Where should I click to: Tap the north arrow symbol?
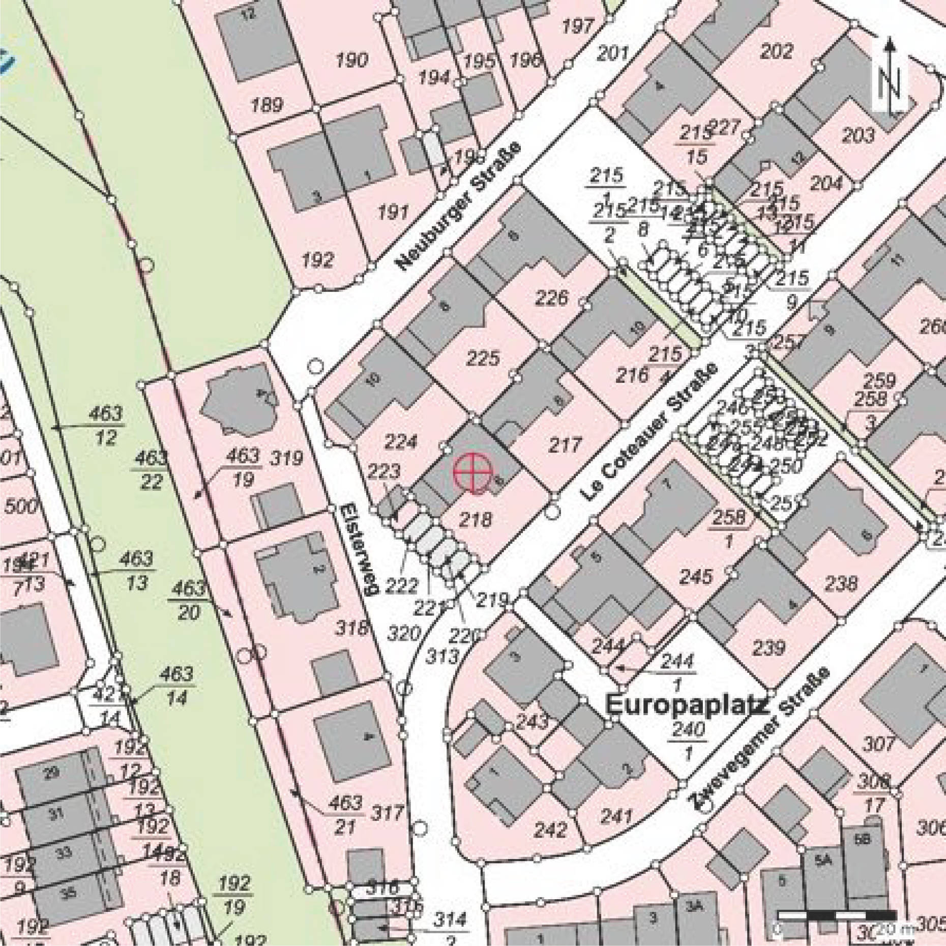pyautogui.click(x=890, y=76)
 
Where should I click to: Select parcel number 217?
pyautogui.click(x=565, y=446)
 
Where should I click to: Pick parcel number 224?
pyautogui.click(x=401, y=441)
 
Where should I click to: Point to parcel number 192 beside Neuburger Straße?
pyautogui.click(x=318, y=260)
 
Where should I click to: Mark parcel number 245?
pyautogui.click(x=696, y=577)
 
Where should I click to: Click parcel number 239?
pyautogui.click(x=768, y=648)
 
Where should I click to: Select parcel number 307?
pyautogui.click(x=878, y=744)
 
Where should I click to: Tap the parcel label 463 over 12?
pyautogui.click(x=105, y=425)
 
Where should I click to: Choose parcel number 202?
pyautogui.click(x=777, y=51)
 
